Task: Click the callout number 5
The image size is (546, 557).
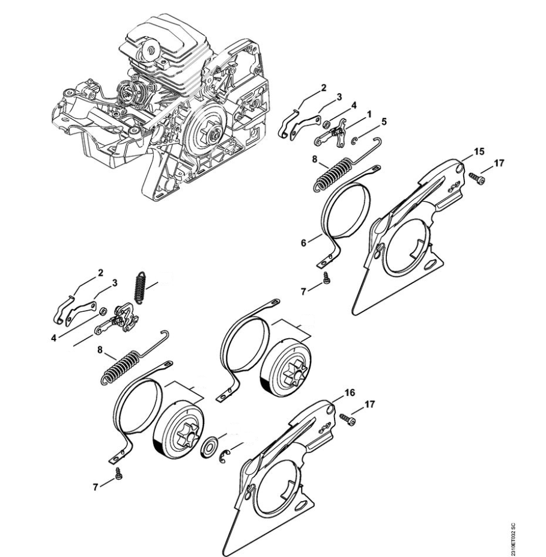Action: (x=384, y=121)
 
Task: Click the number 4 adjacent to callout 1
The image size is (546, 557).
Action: (x=354, y=106)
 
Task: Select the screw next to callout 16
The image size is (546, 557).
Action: (x=347, y=419)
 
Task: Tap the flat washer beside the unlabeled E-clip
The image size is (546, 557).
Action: (x=210, y=449)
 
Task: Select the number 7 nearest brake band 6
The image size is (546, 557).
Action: (x=303, y=291)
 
